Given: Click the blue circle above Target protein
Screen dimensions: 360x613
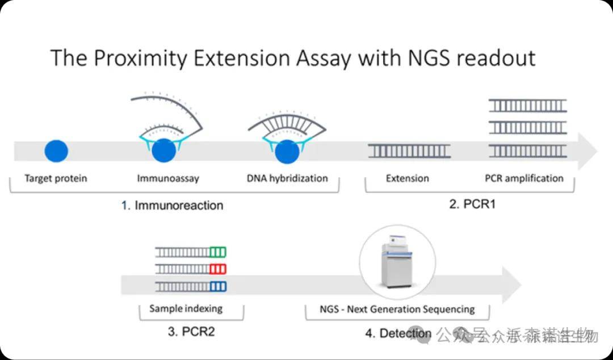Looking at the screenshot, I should pyautogui.click(x=56, y=151).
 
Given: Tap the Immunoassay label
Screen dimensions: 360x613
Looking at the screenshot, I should pyautogui.click(x=168, y=178).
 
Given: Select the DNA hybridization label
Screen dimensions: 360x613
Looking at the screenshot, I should pyautogui.click(x=287, y=178).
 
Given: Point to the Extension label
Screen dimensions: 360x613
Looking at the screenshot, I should pyautogui.click(x=408, y=178).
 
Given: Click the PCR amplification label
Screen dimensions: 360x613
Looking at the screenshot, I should pyautogui.click(x=524, y=178).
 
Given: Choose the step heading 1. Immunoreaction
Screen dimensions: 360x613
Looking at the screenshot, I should pyautogui.click(x=173, y=206).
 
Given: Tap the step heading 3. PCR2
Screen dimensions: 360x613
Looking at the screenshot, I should pyautogui.click(x=191, y=332).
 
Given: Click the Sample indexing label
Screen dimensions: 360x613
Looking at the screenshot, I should pyautogui.click(x=186, y=309).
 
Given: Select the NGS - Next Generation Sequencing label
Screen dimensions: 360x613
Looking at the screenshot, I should pyautogui.click(x=397, y=309).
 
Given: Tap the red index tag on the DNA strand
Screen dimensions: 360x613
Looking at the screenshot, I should pyautogui.click(x=218, y=269).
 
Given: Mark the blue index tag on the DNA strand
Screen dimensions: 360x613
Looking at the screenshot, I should pyautogui.click(x=218, y=286).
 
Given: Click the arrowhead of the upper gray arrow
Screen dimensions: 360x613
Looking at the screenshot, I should pyautogui.click(x=587, y=152).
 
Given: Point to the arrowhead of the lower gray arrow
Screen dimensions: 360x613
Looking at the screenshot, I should pyautogui.click(x=511, y=284).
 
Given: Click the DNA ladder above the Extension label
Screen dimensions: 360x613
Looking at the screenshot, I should pyautogui.click(x=409, y=151).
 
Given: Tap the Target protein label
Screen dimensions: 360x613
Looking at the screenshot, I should pyautogui.click(x=56, y=178).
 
